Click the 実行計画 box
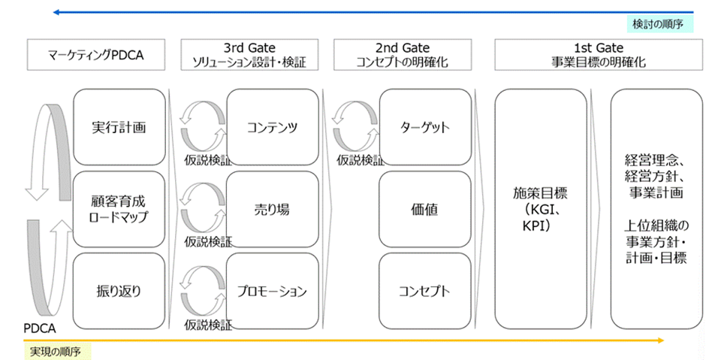coord(119,128)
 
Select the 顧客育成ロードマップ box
coord(119,209)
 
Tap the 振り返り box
coord(119,290)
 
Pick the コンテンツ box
coord(272,128)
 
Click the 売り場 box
coord(272,209)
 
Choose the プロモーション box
coord(272,290)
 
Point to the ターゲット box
coord(425,128)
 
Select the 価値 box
coord(425,209)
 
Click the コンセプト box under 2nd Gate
coord(425,290)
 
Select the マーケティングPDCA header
coord(95,56)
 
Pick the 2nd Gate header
coord(403,56)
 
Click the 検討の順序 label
coord(656,24)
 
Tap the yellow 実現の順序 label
coord(56,351)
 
